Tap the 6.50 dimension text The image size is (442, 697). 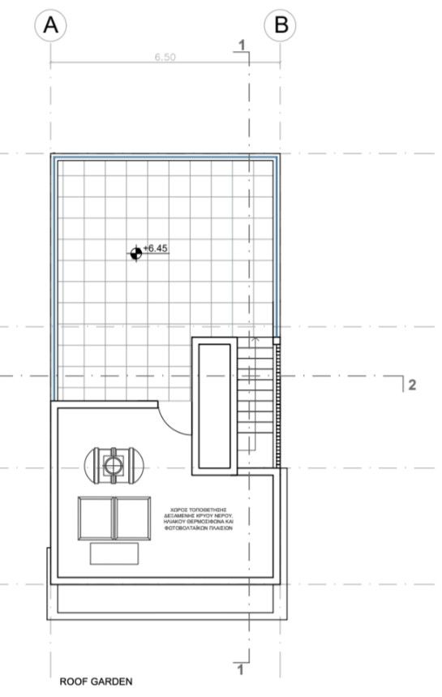(165, 58)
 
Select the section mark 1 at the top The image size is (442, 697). (241, 44)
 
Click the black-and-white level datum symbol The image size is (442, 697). (135, 253)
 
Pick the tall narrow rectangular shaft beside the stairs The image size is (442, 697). (214, 406)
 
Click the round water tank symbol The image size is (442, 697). (113, 464)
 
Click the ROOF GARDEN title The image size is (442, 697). (95, 682)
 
